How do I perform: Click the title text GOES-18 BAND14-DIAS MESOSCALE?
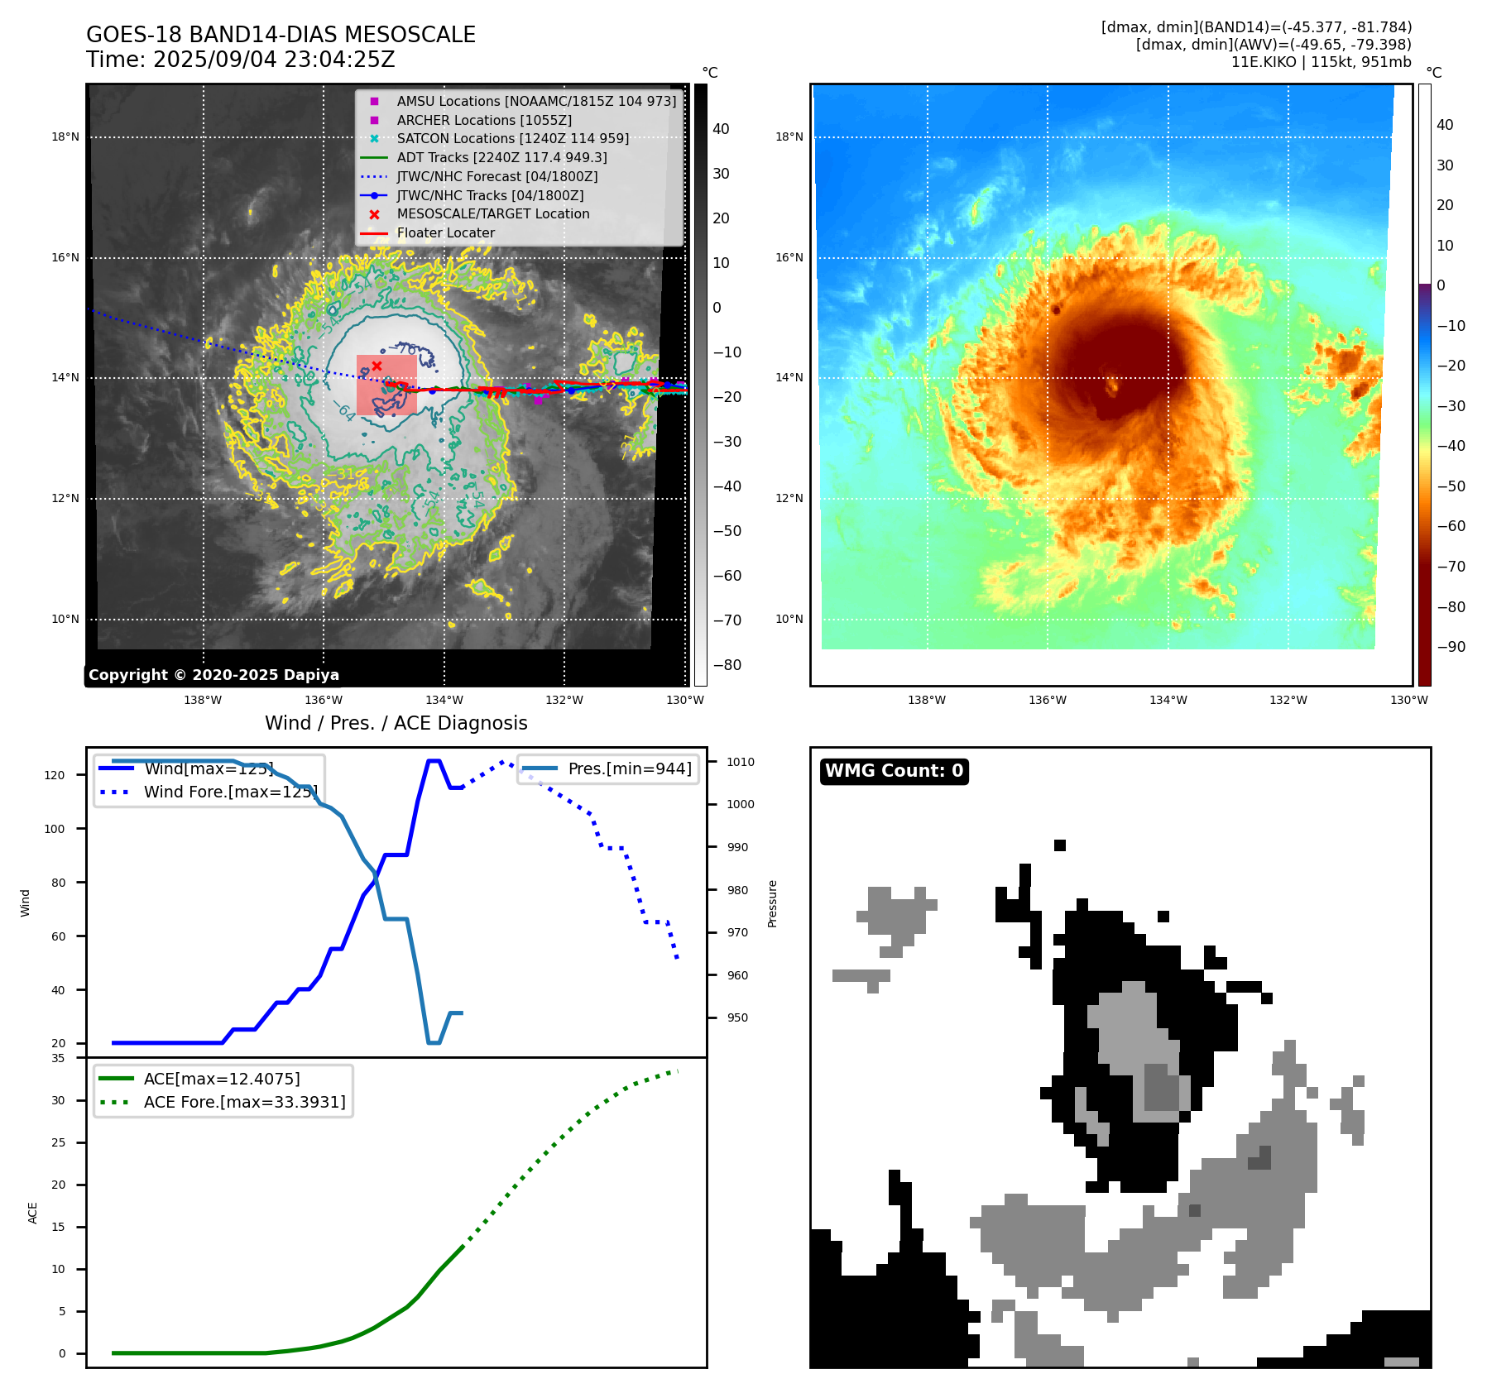pos(281,35)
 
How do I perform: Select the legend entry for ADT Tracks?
pos(501,157)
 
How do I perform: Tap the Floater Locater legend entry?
pos(445,233)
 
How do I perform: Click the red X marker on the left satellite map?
pos(377,366)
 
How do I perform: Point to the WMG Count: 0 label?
pos(894,771)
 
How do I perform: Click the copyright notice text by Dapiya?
pos(213,675)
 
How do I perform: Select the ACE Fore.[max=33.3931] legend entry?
pos(244,1102)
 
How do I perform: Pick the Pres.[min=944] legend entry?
pos(629,768)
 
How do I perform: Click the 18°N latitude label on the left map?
pos(65,137)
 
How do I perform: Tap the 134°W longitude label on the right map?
pos(1168,700)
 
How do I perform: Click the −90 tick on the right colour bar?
pos(1451,647)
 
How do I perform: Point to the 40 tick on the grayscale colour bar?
pos(721,129)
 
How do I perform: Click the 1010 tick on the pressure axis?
pos(741,762)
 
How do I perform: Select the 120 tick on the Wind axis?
pos(54,775)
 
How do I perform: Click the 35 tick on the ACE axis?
pos(58,1058)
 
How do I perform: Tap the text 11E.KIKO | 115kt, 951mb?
pos(1321,62)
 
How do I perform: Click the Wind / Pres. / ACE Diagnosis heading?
pos(396,723)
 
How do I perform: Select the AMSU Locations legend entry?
pos(535,101)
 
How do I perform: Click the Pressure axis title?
pos(772,903)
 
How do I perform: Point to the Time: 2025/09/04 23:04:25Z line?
pos(240,60)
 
